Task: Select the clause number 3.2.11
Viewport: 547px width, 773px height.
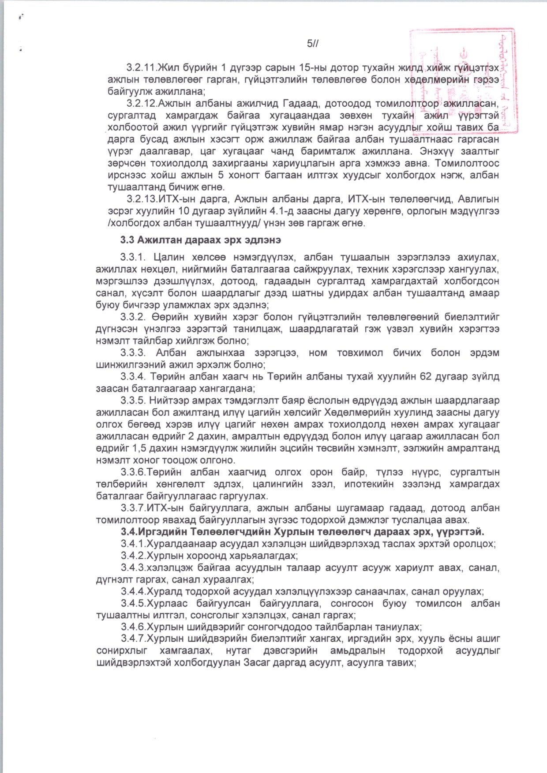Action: pyautogui.click(x=142, y=67)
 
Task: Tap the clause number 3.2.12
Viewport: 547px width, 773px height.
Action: pyautogui.click(x=142, y=104)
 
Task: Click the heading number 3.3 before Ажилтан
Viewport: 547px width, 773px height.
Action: pyautogui.click(x=127, y=240)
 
